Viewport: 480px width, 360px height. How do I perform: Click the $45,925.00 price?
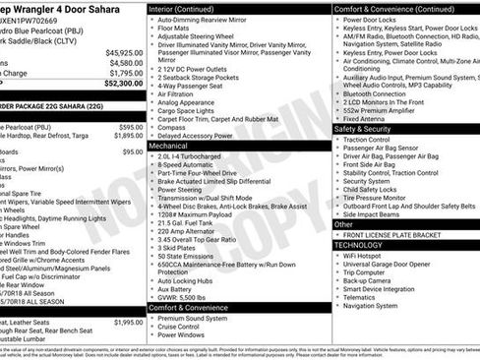[x=124, y=52]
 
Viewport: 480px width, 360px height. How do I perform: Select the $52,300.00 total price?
[x=124, y=84]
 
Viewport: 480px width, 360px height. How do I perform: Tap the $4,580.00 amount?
[x=126, y=63]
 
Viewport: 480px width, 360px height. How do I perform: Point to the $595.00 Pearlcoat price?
[x=130, y=128]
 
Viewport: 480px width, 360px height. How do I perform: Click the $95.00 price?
[x=132, y=152]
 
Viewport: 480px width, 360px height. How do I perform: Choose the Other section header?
[x=343, y=224]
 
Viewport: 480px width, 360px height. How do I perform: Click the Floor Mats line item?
[x=174, y=30]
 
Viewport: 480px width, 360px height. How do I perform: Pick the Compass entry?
[x=171, y=126]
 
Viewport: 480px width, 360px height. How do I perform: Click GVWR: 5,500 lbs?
[x=182, y=296]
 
